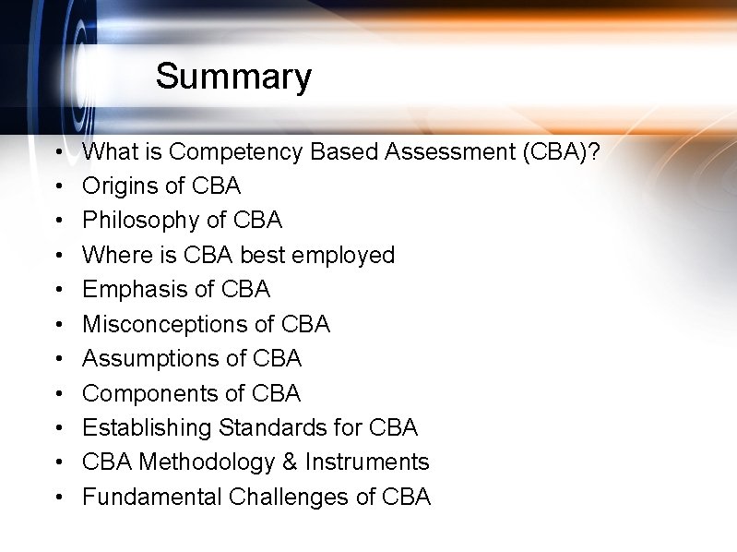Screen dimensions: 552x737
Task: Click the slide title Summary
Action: coord(233,76)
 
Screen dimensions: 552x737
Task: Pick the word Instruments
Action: coord(367,462)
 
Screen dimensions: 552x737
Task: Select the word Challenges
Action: coord(289,497)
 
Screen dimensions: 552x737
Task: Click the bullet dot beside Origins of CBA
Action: coord(59,186)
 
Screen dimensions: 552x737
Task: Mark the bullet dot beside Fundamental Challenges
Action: coord(59,498)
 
